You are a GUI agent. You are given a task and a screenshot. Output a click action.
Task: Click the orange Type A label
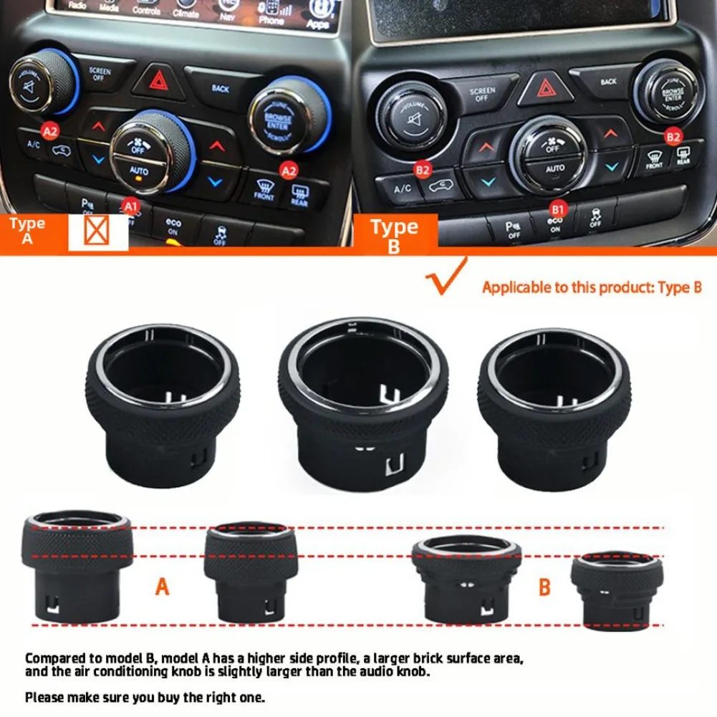27,231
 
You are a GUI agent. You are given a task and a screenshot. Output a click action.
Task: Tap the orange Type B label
395,234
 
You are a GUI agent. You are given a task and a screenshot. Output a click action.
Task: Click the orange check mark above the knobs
444,278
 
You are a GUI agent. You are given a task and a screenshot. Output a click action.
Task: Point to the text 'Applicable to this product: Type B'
592,288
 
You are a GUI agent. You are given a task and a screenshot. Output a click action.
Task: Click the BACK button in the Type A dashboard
220,87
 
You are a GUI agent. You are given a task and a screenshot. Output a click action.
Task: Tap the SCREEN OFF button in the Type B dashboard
482,94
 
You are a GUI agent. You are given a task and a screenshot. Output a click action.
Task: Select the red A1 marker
130,206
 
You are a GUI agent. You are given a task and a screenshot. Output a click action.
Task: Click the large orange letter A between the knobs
163,587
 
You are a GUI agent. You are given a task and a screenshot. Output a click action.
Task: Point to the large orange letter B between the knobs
545,587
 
